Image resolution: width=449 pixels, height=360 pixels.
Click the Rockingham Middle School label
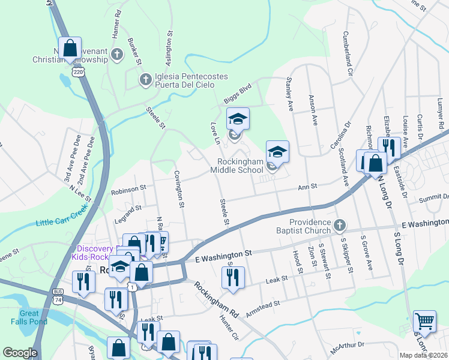click(241, 166)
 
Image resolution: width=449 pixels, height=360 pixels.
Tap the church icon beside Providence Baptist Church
click(340, 226)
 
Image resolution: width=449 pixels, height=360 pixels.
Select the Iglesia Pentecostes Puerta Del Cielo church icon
click(145, 79)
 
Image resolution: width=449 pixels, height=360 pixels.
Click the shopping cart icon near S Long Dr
click(424, 322)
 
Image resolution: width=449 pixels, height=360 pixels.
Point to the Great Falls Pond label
click(29, 317)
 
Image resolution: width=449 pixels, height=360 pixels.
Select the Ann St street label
click(307, 188)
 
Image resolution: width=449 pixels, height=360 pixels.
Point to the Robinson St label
click(128, 188)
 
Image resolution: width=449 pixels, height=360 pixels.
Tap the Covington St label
click(179, 190)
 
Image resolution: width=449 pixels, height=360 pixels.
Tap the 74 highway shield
click(58, 299)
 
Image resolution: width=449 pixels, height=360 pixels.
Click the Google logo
click(20, 353)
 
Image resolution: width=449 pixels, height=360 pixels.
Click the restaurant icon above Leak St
click(231, 277)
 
